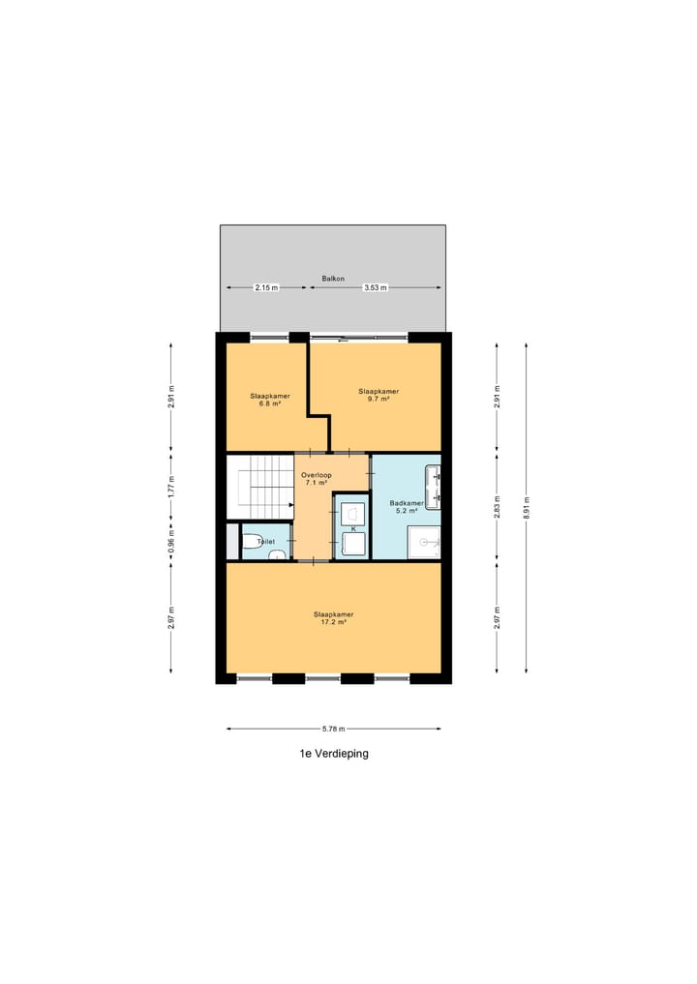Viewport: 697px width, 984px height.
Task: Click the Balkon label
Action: [x=332, y=279]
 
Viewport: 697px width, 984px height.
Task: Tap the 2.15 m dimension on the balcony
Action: [x=266, y=288]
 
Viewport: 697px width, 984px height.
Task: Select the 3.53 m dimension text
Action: [x=376, y=288]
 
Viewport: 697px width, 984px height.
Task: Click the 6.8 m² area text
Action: [x=269, y=403]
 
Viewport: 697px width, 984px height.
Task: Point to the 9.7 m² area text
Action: [x=379, y=399]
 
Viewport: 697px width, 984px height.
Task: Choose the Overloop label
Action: [x=316, y=475]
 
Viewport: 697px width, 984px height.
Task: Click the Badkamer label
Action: [x=406, y=503]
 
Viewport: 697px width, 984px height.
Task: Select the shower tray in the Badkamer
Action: [x=424, y=544]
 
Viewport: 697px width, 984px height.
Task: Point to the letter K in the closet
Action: [x=353, y=529]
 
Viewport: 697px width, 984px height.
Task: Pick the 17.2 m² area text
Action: [x=332, y=622]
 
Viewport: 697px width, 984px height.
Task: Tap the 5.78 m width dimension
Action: [x=333, y=729]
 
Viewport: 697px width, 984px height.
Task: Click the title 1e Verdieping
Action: [x=334, y=754]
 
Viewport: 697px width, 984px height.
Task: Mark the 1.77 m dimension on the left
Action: [x=171, y=487]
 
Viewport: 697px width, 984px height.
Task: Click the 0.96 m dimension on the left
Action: [x=171, y=538]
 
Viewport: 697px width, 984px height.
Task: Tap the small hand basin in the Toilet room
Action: [x=277, y=555]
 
